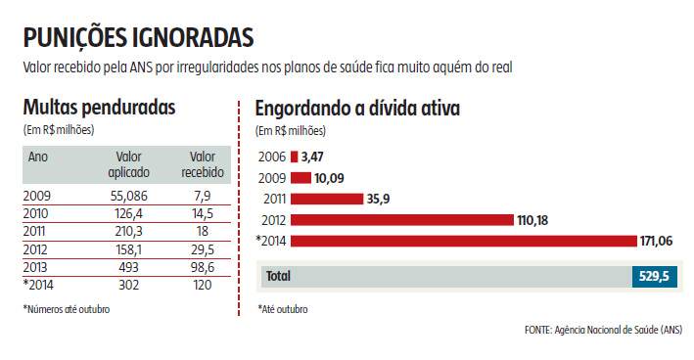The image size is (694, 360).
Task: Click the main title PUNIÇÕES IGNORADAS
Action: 138,36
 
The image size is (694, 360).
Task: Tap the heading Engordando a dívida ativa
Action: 357,109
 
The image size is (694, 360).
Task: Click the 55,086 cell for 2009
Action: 128,196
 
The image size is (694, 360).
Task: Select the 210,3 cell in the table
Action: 128,231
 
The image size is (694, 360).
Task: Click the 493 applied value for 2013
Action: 128,266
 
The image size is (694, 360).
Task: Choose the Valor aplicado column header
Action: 128,164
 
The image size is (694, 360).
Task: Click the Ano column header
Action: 38,157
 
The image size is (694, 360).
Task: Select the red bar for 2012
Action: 400,220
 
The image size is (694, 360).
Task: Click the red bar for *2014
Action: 463,242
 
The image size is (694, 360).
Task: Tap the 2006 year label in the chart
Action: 271,157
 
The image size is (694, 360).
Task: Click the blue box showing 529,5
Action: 652,277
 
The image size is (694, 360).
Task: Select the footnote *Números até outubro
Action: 66,309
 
